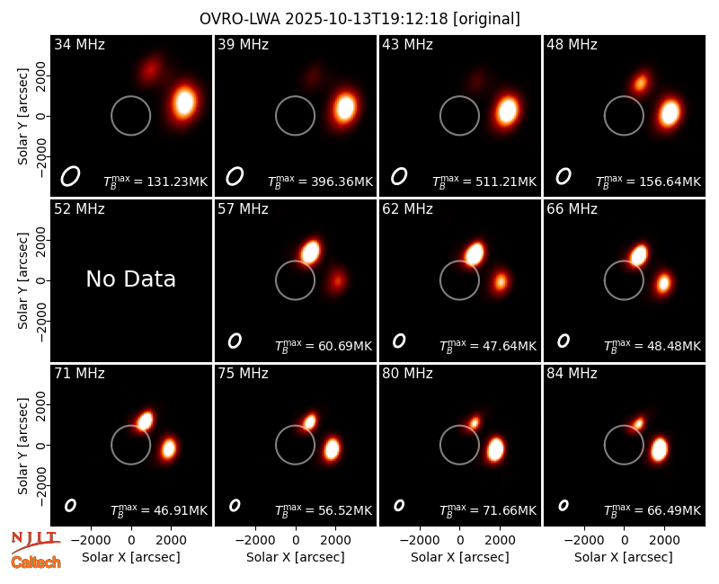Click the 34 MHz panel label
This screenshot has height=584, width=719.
79,44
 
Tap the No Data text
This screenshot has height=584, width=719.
130,279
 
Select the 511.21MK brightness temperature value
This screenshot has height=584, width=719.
509,181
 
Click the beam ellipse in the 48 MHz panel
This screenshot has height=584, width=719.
564,176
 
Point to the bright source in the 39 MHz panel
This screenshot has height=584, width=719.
345,107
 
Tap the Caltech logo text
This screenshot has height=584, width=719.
36,562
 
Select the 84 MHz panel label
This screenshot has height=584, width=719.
572,374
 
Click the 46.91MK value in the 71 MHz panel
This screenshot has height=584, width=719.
181,510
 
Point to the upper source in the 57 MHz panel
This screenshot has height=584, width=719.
311,252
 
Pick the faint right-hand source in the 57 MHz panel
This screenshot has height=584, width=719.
338,279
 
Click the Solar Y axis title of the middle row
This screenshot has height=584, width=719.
22,280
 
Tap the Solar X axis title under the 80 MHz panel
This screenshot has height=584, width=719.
459,557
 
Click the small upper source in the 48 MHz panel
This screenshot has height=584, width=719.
640,83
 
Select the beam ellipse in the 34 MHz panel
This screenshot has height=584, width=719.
70,176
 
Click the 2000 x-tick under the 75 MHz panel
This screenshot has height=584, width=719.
335,540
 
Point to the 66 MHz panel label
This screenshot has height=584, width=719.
572,209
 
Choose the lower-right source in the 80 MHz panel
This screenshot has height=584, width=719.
495,449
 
